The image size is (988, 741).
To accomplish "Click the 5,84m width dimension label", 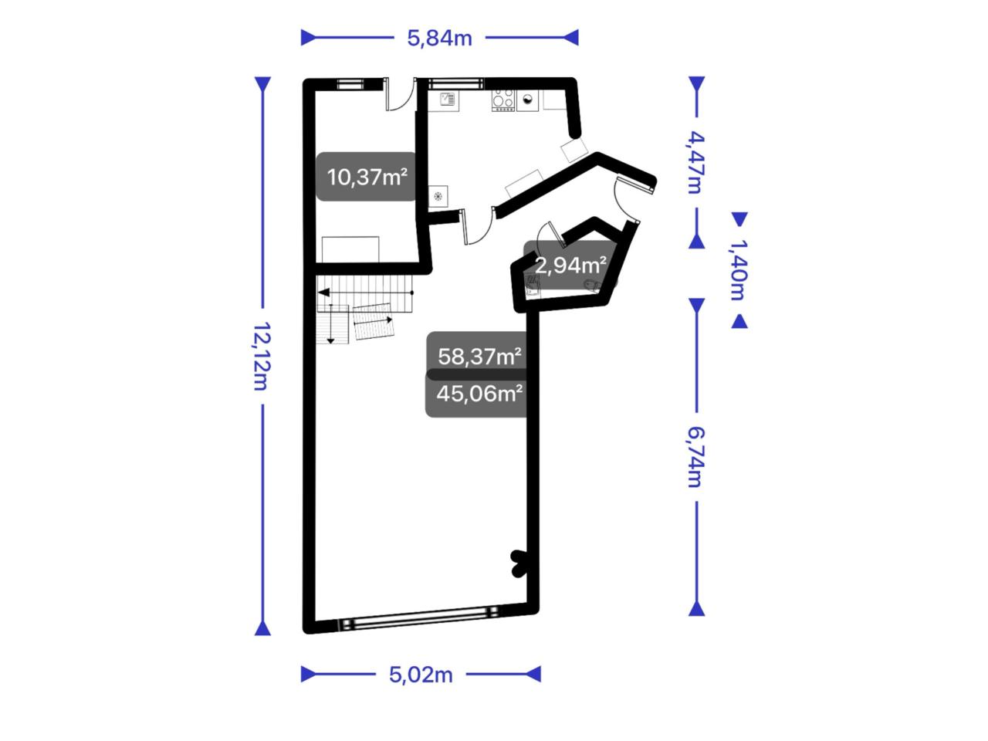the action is pyautogui.click(x=439, y=39).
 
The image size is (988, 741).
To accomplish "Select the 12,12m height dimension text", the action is pyautogui.click(x=262, y=356).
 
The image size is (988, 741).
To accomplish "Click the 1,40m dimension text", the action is pyautogui.click(x=738, y=269).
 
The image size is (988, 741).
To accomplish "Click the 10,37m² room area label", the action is pyautogui.click(x=367, y=177).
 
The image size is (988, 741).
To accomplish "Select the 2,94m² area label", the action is pyautogui.click(x=570, y=266).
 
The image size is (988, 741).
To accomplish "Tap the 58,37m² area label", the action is pyautogui.click(x=479, y=357).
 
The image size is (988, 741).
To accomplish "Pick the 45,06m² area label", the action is pyautogui.click(x=479, y=394).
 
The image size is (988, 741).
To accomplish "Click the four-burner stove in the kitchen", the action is pyautogui.click(x=502, y=100).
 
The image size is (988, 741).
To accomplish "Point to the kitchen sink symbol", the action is pyautogui.click(x=448, y=100).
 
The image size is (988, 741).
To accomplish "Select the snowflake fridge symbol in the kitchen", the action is pyautogui.click(x=438, y=196).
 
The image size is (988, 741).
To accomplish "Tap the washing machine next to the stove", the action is pyautogui.click(x=527, y=100).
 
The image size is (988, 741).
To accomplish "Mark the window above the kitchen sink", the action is pyautogui.click(x=455, y=83).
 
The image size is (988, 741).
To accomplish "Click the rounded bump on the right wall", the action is pyautogui.click(x=519, y=564).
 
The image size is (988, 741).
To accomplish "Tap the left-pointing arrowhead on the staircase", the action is pyautogui.click(x=323, y=293).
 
